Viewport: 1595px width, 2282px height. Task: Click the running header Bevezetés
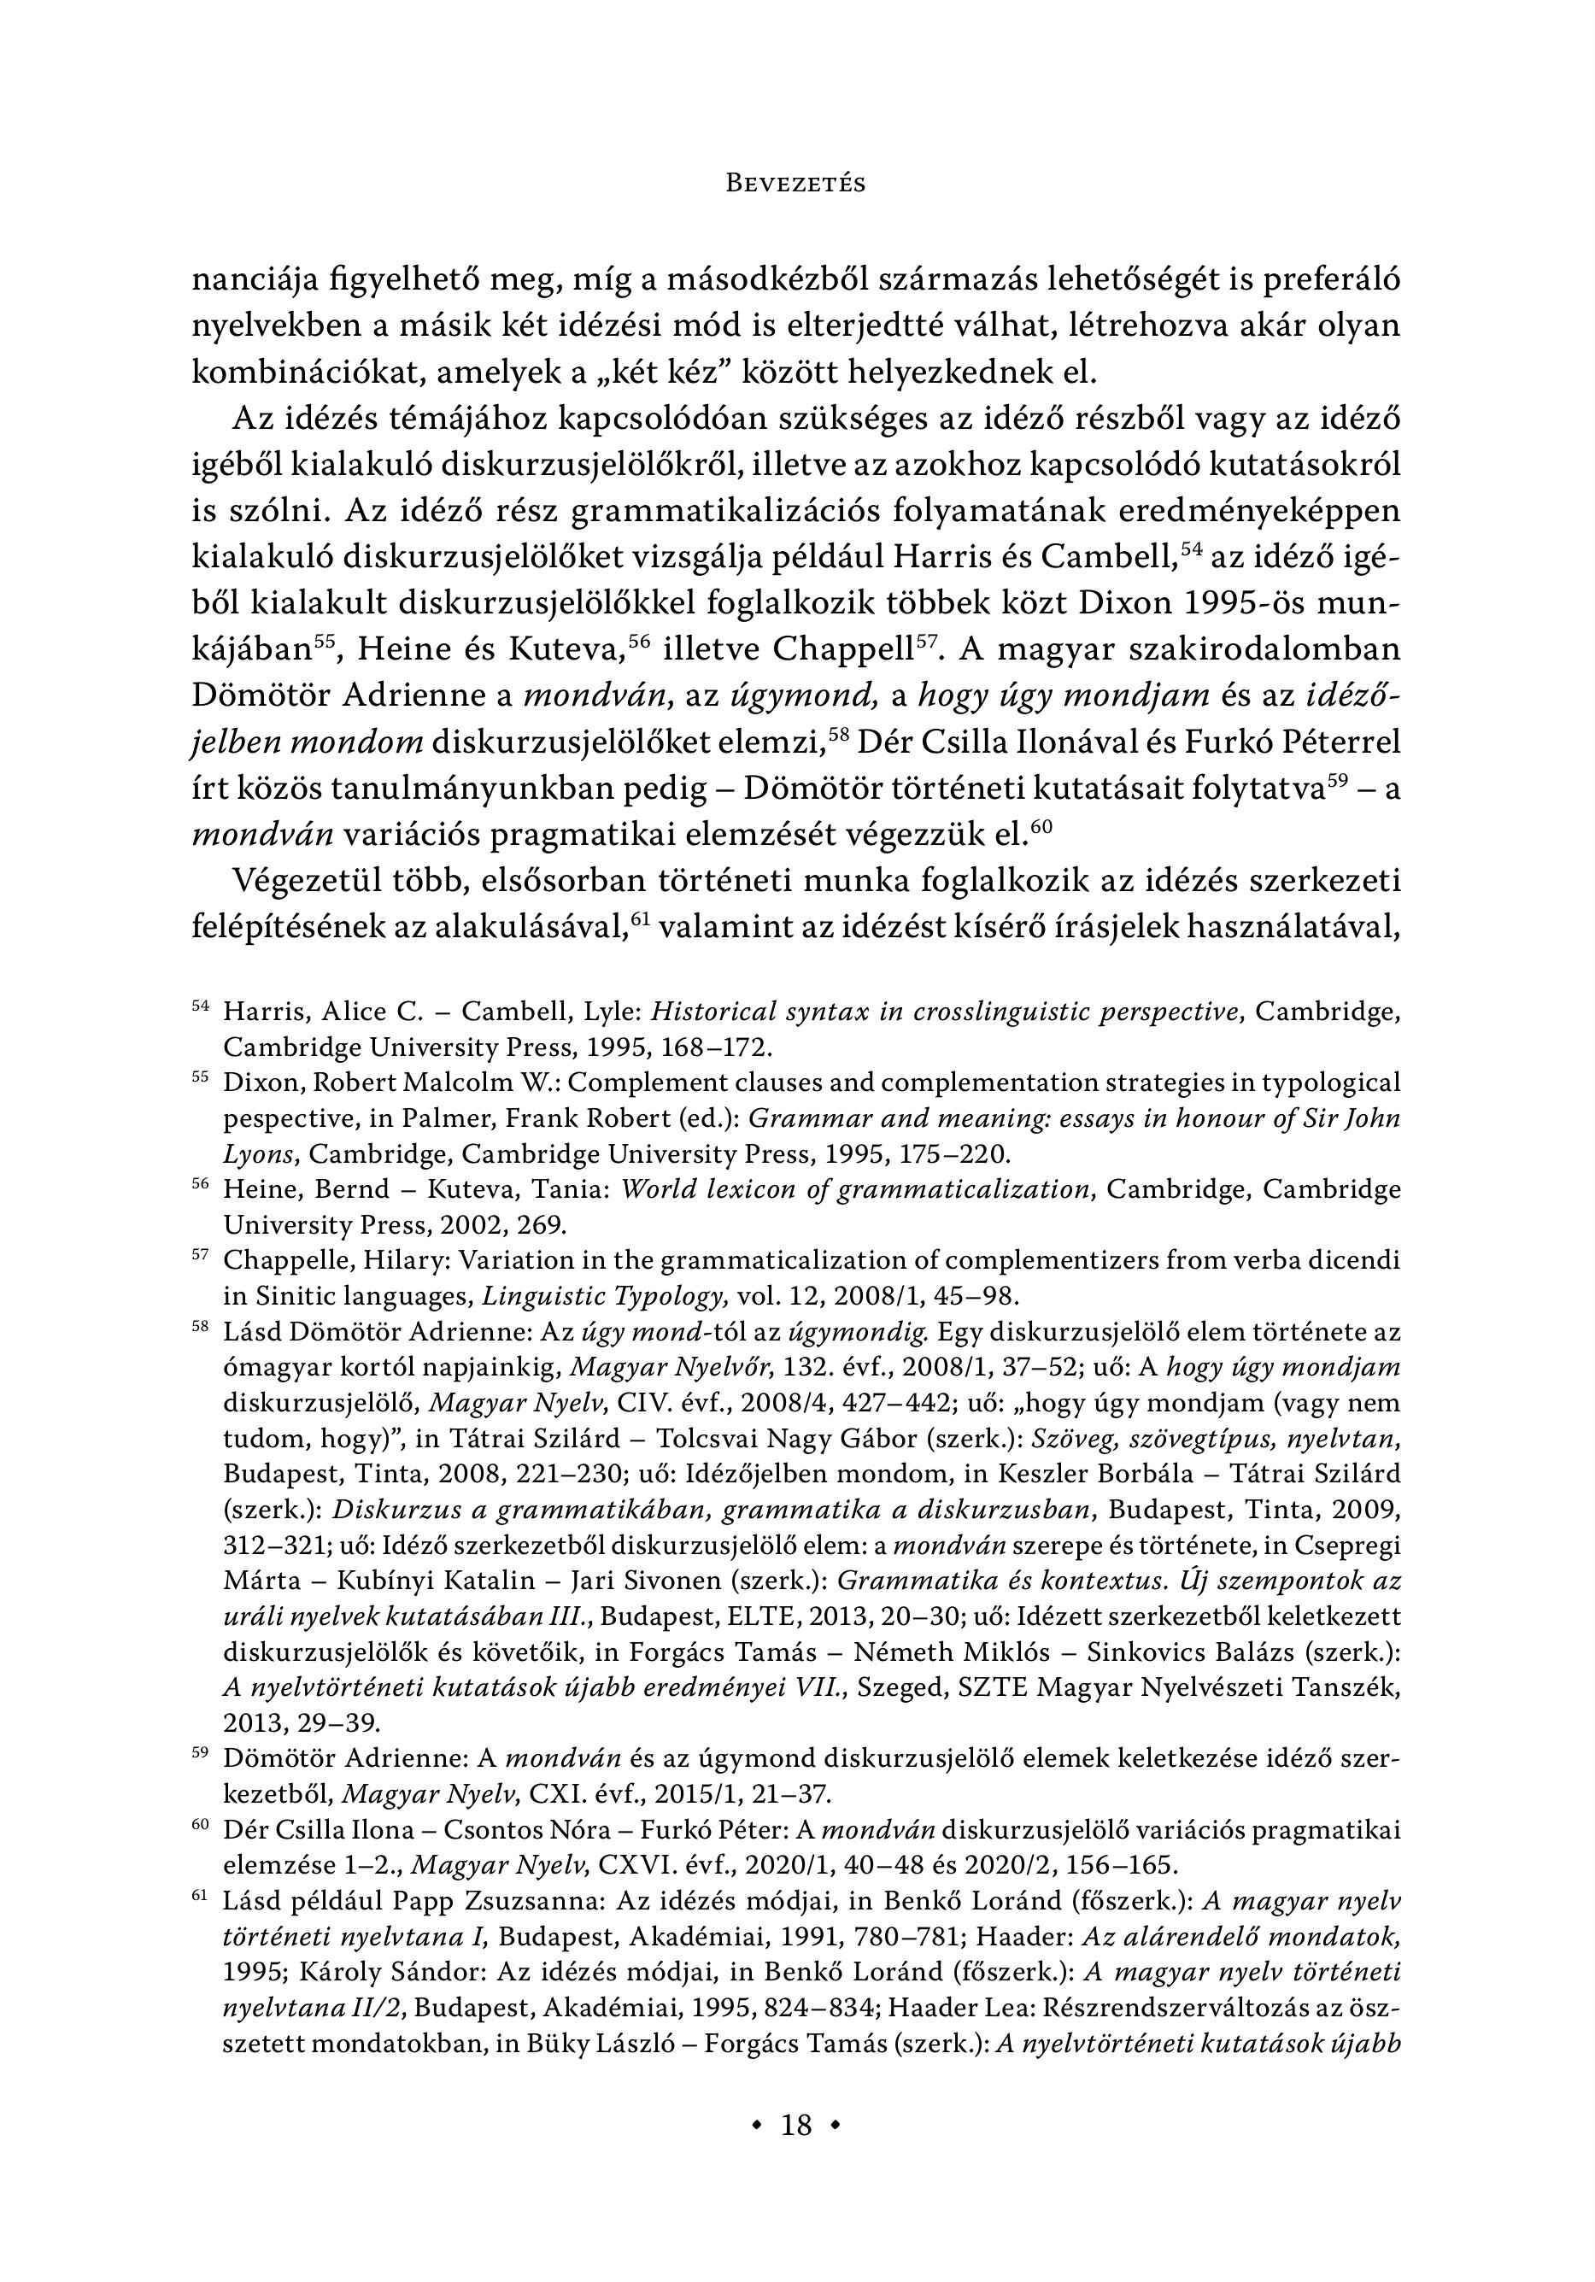tap(796, 184)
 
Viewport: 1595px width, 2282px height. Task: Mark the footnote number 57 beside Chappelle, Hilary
tap(200, 1255)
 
